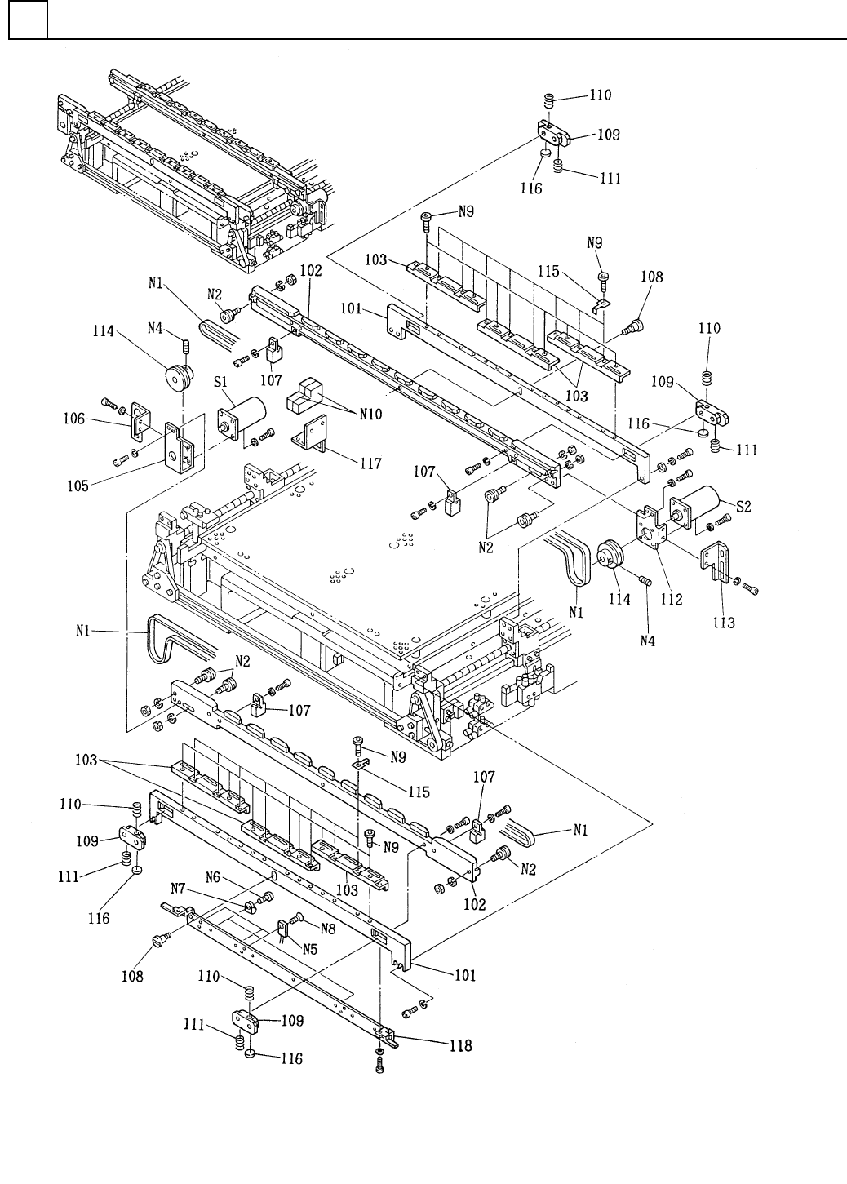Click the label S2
[743, 507]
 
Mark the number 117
[370, 463]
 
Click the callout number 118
[461, 1046]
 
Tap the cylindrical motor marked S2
[697, 507]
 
